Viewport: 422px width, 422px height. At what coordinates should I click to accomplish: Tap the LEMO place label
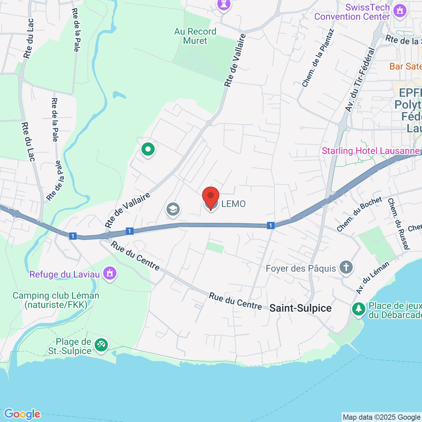[x=234, y=204]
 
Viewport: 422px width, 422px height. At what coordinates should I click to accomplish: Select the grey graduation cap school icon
[x=173, y=210]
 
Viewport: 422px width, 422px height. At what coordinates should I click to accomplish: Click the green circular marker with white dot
[x=148, y=149]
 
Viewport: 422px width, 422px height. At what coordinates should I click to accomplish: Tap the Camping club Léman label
[x=56, y=300]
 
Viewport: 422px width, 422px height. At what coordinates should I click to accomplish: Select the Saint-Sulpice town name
[x=300, y=308]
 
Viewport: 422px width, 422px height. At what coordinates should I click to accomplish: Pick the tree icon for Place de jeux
[x=359, y=309]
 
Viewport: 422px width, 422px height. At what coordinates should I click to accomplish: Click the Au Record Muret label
[x=195, y=36]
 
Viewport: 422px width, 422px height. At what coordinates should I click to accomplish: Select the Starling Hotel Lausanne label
[x=371, y=151]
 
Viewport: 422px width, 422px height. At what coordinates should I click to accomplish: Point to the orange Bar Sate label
[x=405, y=66]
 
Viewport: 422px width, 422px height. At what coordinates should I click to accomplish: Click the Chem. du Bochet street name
[x=359, y=214]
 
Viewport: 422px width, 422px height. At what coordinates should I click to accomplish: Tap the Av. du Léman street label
[x=372, y=278]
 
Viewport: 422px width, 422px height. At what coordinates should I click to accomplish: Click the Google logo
[x=22, y=414]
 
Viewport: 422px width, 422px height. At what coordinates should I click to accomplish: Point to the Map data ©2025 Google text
[x=381, y=417]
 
